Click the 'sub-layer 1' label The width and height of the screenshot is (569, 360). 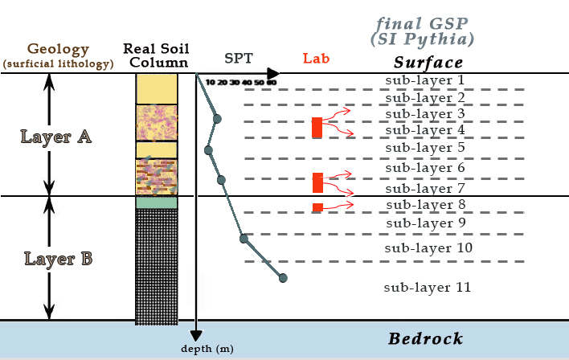coord(425,80)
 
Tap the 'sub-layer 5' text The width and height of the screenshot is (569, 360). coord(425,148)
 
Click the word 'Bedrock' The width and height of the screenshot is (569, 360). coord(426,338)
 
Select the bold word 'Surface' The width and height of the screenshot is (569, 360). coord(428,63)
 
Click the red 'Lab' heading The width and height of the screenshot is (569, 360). coord(316,59)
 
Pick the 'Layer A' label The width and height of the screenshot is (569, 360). coord(55,137)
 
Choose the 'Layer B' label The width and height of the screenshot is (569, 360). coord(58,259)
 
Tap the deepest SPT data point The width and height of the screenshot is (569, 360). coord(283,278)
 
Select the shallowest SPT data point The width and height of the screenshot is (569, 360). coord(217,119)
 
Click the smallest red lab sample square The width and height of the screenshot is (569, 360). coord(317,208)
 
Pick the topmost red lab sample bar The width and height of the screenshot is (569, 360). coord(317,127)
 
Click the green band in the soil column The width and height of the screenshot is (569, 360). coord(156,203)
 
